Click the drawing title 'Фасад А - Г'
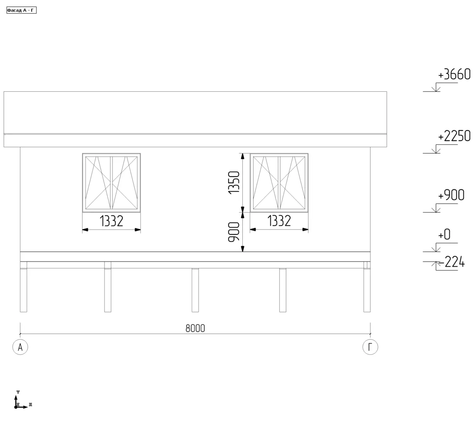21,10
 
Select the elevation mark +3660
454,74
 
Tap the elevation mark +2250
454,136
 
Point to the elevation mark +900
451,195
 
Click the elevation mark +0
444,234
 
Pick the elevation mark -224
451,262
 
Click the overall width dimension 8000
195,329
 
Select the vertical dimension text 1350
234,183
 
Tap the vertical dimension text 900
234,232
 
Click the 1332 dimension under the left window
112,221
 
